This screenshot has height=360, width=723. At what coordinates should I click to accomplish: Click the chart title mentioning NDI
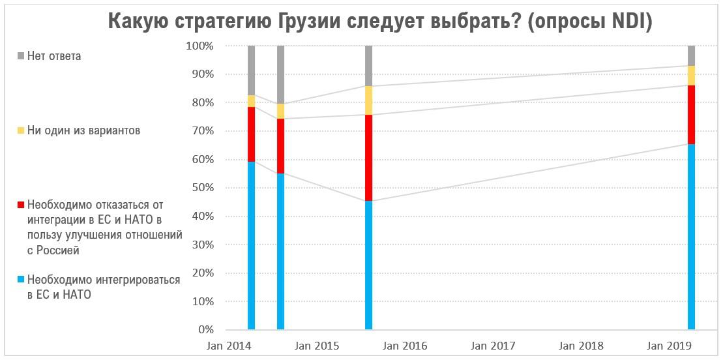point(379,21)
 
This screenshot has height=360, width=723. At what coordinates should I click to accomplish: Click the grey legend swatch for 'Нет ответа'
point(21,56)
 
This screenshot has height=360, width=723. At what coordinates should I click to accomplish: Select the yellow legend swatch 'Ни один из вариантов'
point(21,130)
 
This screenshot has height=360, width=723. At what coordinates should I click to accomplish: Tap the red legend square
point(21,205)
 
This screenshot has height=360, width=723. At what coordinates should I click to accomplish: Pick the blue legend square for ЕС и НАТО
point(21,280)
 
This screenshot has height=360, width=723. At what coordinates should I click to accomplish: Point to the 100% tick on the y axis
point(199,46)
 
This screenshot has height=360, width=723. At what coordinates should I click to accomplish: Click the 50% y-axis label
point(202,188)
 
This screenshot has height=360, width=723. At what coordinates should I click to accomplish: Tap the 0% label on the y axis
point(205,330)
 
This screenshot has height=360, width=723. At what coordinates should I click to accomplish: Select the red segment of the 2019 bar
point(691,115)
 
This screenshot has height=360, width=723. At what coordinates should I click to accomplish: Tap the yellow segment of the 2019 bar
point(691,76)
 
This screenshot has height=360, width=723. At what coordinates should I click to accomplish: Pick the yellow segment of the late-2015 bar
point(368,100)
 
